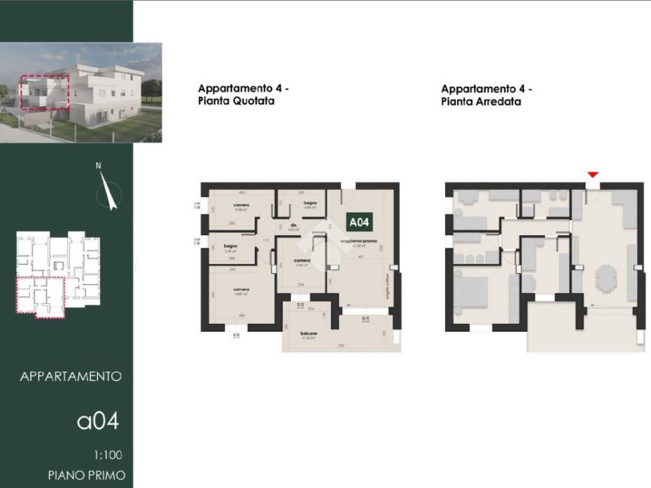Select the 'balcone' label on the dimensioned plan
310,332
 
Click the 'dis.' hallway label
294,225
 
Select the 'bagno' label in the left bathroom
230,245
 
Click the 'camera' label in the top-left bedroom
240,205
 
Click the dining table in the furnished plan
605,278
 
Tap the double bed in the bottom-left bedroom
470,292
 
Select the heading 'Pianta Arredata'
481,101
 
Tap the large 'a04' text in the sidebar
98,421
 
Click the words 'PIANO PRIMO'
86,475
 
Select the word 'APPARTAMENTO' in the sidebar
71,376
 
